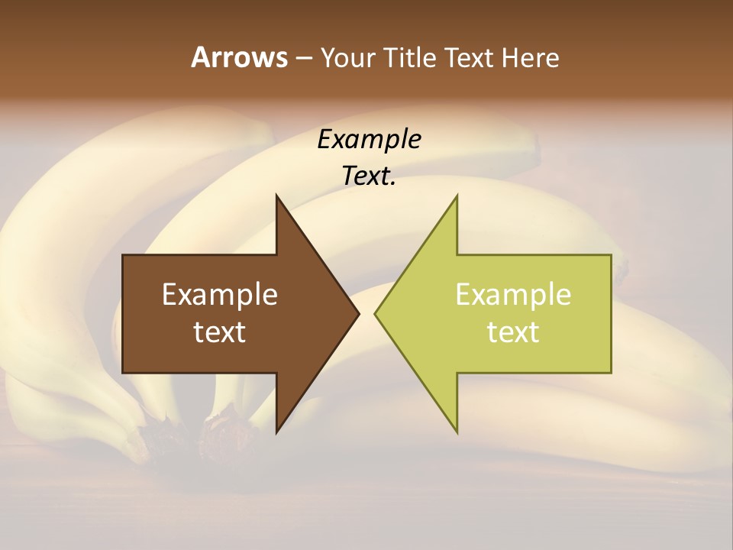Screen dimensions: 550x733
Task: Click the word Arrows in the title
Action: [x=238, y=57]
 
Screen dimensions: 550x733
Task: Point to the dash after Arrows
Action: [x=303, y=58]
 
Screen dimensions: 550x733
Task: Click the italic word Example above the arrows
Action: [x=369, y=139]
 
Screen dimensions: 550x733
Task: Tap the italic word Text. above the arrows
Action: [x=369, y=176]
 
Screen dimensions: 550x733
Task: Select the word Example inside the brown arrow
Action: [x=219, y=294]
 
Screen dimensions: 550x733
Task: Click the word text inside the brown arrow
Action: [x=219, y=332]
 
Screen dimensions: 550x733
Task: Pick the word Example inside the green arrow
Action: [x=513, y=294]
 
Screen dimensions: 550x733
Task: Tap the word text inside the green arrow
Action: [x=513, y=332]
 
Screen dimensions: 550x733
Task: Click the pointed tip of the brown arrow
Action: [x=359, y=313]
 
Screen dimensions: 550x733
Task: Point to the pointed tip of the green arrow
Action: [x=375, y=313]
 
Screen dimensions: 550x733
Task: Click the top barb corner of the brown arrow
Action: [x=276, y=196]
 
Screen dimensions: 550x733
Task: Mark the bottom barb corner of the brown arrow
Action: [x=276, y=432]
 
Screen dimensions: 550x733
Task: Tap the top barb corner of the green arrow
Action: [x=457, y=196]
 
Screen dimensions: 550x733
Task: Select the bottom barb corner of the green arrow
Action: [x=457, y=432]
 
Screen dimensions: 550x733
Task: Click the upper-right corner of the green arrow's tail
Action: [x=611, y=255]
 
